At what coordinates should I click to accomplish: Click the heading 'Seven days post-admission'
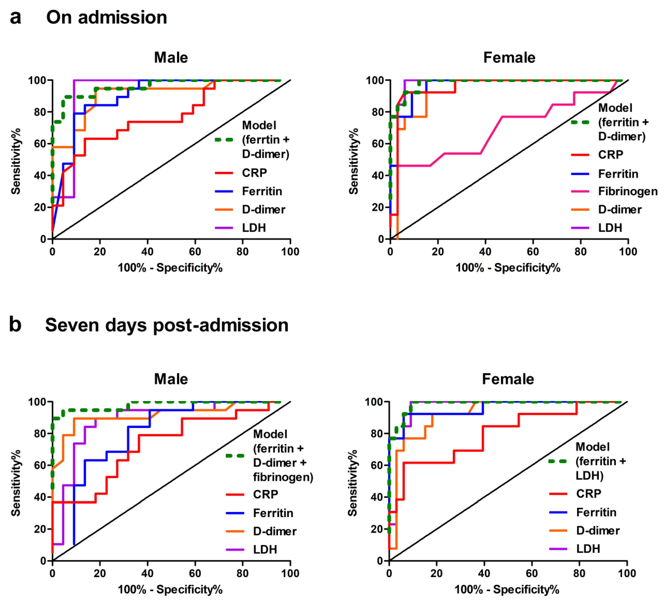pos(167,325)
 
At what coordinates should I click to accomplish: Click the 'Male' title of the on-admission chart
pos(171,58)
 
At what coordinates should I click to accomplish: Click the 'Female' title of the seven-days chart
pos(508,379)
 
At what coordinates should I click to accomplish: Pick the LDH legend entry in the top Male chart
pos(254,228)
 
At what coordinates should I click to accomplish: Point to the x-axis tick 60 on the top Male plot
pos(195,252)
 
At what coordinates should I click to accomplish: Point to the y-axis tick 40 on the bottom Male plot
pos(40,497)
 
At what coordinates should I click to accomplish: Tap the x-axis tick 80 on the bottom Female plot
pos(579,573)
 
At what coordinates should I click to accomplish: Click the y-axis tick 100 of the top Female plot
pos(375,80)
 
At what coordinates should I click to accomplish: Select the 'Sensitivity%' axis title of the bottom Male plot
pos(16,483)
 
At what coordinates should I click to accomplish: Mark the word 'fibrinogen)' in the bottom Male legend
pos(283,477)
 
